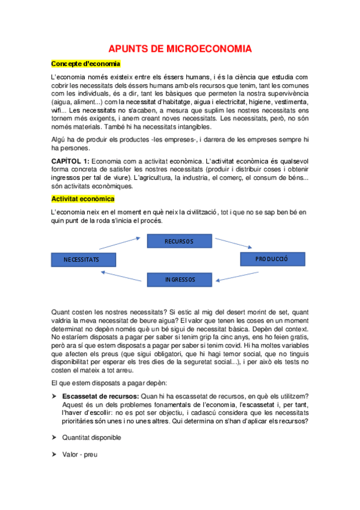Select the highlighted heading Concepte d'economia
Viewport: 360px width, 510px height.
(x=85, y=64)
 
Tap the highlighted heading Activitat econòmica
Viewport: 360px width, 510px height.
(x=83, y=198)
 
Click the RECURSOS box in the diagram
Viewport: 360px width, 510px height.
(x=180, y=241)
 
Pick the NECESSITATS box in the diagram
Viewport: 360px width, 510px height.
(x=89, y=259)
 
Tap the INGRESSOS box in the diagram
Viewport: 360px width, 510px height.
(x=180, y=279)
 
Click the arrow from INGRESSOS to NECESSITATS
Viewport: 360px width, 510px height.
(x=123, y=277)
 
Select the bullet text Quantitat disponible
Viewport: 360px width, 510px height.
(x=91, y=437)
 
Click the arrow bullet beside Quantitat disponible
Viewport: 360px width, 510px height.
(x=54, y=437)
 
